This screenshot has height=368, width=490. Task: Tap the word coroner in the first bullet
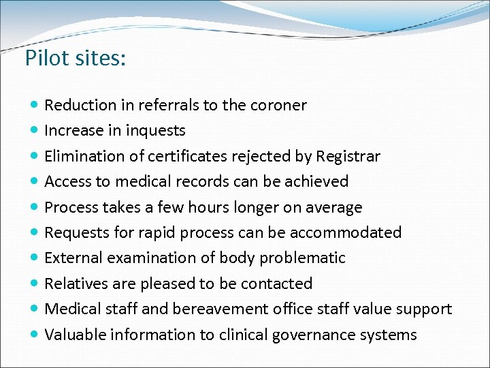click(278, 105)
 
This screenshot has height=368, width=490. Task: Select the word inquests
click(158, 130)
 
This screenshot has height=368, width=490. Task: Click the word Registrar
click(348, 156)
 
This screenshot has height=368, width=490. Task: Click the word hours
click(208, 207)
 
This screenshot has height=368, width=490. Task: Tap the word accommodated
click(346, 232)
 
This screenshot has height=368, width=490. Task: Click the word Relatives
click(73, 283)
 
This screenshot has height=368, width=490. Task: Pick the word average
click(334, 207)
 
